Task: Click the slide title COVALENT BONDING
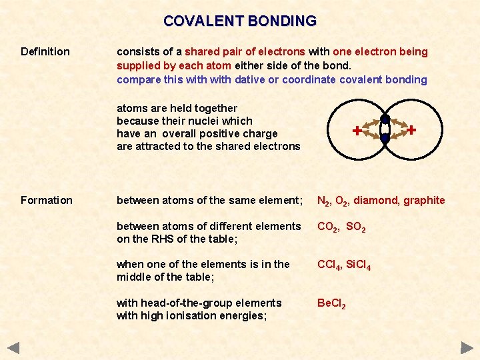[240, 21]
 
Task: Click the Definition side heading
[45, 51]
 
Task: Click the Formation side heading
[47, 200]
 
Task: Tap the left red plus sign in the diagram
[357, 131]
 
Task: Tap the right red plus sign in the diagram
[412, 130]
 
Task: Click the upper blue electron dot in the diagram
[385, 120]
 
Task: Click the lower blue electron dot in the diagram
[385, 139]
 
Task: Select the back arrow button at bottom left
[13, 347]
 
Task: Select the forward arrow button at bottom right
[467, 347]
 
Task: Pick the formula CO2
[328, 227]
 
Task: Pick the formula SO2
[356, 227]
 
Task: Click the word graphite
[424, 200]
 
